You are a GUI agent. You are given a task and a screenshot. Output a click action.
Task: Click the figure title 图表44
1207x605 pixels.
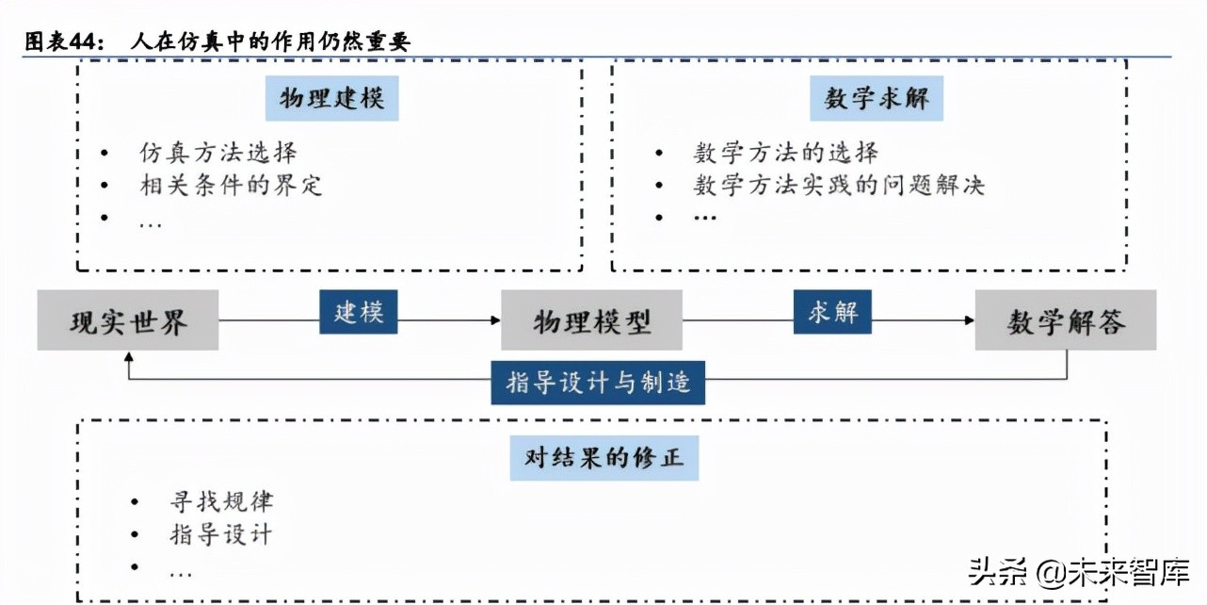click(x=217, y=41)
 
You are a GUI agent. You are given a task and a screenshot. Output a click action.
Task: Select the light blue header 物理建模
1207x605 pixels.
click(x=331, y=98)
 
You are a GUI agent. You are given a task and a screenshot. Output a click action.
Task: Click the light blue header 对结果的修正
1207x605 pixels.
click(x=604, y=458)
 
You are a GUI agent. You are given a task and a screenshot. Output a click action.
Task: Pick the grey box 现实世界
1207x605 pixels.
click(x=128, y=320)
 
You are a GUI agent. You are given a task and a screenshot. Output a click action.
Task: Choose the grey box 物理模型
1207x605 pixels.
click(x=591, y=320)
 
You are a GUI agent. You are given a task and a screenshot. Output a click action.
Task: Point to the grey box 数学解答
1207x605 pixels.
click(x=1065, y=320)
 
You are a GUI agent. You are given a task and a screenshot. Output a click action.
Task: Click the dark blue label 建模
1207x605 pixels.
click(x=358, y=312)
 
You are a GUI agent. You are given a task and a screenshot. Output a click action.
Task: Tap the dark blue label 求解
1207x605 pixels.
click(x=833, y=312)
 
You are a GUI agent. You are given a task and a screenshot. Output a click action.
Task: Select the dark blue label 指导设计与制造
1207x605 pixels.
click(x=598, y=382)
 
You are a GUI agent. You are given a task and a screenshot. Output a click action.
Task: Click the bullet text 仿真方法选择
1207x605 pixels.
click(x=218, y=153)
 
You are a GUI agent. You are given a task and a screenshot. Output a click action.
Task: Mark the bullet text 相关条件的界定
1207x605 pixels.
click(x=231, y=186)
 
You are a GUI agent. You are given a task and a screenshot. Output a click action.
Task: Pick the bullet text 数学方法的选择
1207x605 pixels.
click(x=786, y=153)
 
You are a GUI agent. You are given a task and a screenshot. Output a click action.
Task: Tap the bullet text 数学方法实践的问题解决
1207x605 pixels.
click(x=839, y=186)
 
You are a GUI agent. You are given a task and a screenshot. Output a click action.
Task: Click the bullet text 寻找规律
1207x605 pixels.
click(x=221, y=502)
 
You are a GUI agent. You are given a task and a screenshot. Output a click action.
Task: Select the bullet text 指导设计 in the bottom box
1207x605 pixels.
click(x=221, y=535)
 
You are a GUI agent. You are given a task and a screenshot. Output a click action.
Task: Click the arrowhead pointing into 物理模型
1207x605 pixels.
click(x=495, y=320)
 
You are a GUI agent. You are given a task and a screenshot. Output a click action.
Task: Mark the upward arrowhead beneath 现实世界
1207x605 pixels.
click(x=128, y=357)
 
